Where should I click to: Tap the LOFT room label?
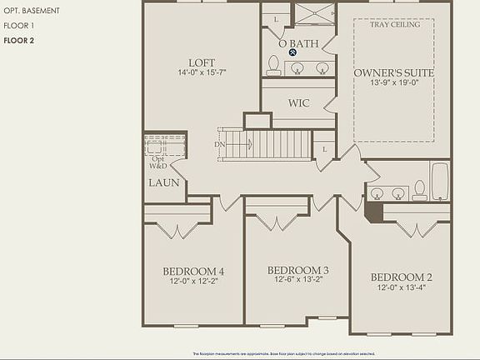[202, 62]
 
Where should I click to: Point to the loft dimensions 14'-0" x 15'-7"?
[202, 73]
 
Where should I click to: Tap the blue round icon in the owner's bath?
[293, 52]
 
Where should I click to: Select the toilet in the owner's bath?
[273, 66]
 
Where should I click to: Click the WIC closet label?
[299, 103]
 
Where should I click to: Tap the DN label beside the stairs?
[219, 144]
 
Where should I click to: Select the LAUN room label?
[163, 182]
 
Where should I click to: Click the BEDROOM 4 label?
[192, 271]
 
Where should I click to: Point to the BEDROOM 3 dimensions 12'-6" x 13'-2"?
[297, 280]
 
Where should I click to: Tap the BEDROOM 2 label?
[401, 277]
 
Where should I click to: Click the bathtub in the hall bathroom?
[440, 182]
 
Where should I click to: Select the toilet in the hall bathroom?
[419, 191]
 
